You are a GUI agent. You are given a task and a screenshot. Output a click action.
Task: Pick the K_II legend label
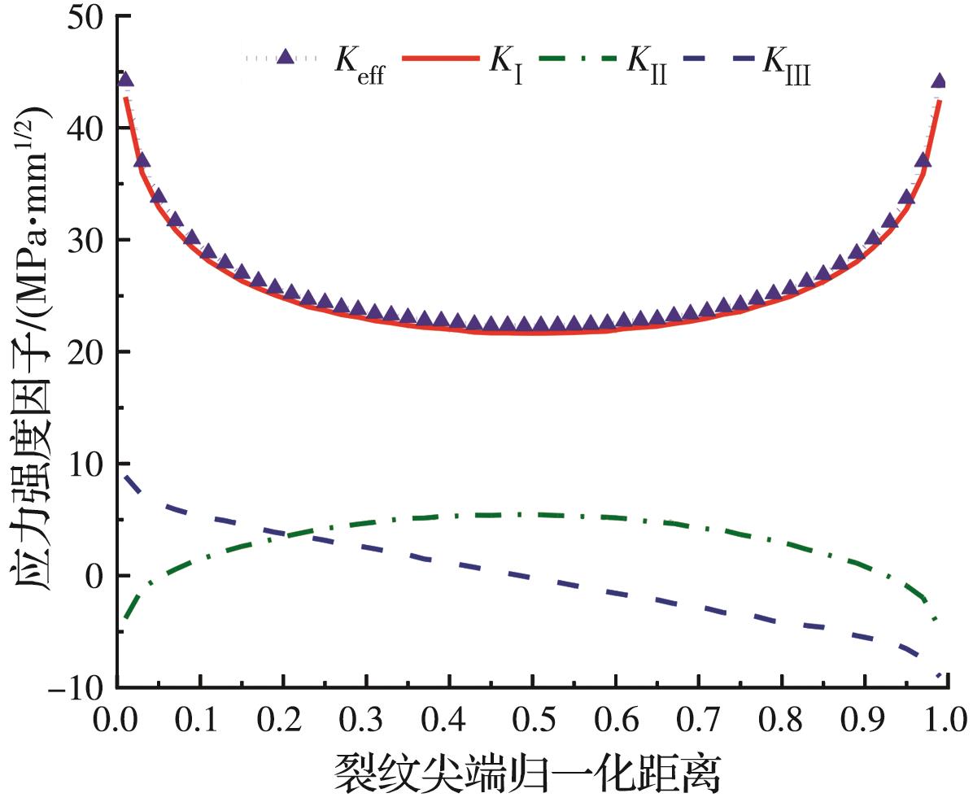click(645, 63)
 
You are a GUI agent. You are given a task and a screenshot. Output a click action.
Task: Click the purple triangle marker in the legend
click(284, 57)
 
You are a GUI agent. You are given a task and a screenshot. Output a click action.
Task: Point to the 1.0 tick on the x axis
click(945, 721)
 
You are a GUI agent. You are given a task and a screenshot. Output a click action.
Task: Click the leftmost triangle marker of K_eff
click(125, 79)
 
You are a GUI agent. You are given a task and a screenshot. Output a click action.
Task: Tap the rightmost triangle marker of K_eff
click(938, 81)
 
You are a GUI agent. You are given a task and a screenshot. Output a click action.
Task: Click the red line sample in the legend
click(439, 59)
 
